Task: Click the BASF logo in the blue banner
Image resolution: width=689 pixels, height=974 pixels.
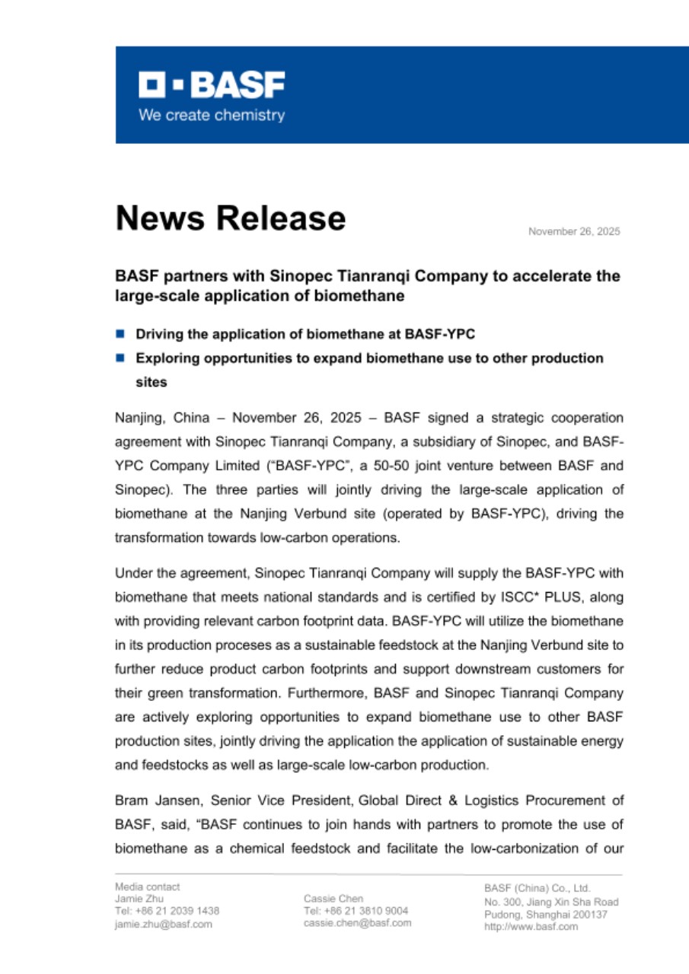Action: tap(211, 85)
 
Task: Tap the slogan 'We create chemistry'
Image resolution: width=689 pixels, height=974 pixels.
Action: tap(211, 116)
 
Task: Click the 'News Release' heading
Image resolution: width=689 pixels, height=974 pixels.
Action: tap(230, 218)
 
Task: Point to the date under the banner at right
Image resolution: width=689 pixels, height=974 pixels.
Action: tap(574, 231)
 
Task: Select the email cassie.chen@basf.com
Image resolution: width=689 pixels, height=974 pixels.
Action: tap(358, 923)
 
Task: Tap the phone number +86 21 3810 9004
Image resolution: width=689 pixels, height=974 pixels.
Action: tap(366, 911)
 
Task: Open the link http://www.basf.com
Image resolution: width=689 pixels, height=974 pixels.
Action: tap(531, 927)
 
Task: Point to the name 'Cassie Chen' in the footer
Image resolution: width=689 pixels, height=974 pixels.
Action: tap(333, 899)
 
